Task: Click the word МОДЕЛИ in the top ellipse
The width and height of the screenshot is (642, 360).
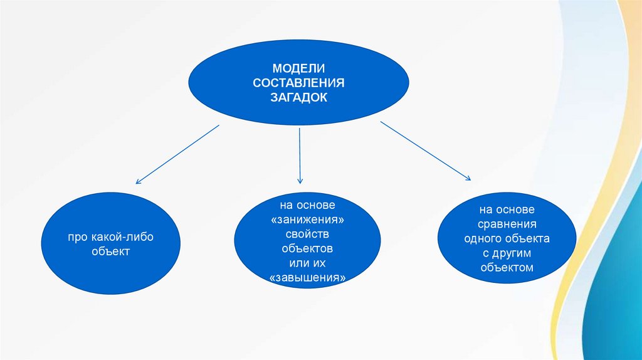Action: click(298, 68)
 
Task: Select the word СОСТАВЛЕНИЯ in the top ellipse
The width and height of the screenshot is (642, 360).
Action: click(299, 83)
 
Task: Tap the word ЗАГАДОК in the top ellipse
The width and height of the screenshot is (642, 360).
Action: click(298, 98)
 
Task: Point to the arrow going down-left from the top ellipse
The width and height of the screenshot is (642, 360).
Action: click(177, 154)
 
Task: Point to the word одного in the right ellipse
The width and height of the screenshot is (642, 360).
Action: click(483, 238)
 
